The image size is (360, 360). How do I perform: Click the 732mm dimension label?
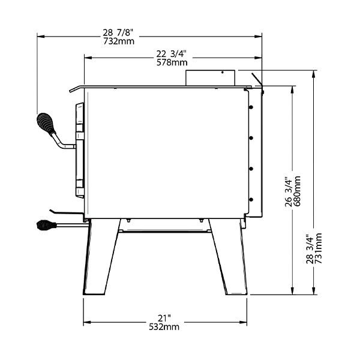click(x=119, y=41)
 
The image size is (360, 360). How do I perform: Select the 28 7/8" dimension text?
click(x=118, y=32)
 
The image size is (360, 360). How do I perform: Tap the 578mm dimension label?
click(x=172, y=62)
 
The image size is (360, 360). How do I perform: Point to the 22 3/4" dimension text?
click(x=171, y=54)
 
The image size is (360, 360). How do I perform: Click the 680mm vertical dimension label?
click(x=297, y=191)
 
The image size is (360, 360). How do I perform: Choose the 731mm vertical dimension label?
click(x=318, y=248)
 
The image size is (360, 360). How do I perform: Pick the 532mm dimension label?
click(x=164, y=327)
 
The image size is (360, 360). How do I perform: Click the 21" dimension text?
click(x=164, y=318)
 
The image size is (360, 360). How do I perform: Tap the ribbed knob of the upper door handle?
click(x=46, y=123)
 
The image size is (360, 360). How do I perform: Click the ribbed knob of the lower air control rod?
click(x=46, y=225)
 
